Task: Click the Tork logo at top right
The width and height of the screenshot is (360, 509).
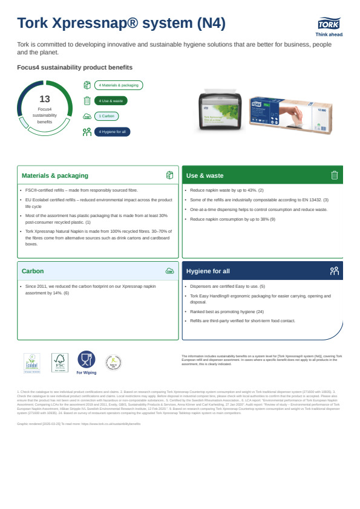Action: point(329,24)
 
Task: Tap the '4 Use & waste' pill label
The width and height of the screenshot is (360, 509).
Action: point(111,101)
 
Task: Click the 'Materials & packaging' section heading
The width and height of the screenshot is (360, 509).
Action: point(55,175)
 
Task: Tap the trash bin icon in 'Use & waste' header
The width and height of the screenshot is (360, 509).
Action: point(334,175)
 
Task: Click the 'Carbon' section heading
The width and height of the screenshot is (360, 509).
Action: point(33,271)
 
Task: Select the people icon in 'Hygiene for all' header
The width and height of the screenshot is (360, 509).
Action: point(334,271)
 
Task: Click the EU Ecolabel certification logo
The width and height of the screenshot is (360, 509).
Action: point(31,363)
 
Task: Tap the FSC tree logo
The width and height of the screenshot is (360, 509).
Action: point(60,363)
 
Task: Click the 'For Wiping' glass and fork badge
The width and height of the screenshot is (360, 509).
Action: point(87,362)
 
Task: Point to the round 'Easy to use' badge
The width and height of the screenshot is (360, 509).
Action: point(113,362)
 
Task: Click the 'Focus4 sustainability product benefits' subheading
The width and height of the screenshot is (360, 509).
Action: point(75,67)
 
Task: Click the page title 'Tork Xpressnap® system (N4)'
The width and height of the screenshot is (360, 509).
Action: point(122,23)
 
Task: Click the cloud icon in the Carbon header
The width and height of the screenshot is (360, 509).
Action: point(169,271)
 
